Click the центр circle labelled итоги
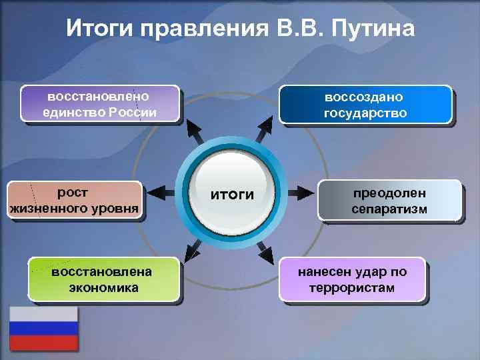pos(232,194)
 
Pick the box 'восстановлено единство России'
pos(100,104)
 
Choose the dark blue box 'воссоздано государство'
pos(365,105)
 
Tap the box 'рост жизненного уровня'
pos(75,201)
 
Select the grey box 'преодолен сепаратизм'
pos(389,201)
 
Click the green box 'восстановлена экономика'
pos(103,279)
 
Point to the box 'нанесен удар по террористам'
pos(352,279)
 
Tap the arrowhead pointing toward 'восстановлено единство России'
pos(193,129)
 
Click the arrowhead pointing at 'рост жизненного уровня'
pos(159,194)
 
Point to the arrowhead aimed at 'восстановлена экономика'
pos(193,252)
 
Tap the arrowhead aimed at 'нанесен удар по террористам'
pos(265,252)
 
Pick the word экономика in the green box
pos(103,288)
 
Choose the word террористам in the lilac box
pos(352,288)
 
